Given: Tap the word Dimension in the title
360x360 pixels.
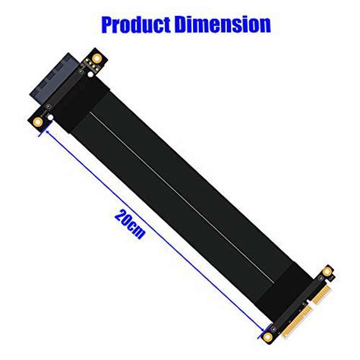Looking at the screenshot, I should click(220, 24).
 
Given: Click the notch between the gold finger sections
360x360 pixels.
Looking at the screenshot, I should click(308, 302).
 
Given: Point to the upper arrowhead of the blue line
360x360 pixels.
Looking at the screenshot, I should click(48, 130).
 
